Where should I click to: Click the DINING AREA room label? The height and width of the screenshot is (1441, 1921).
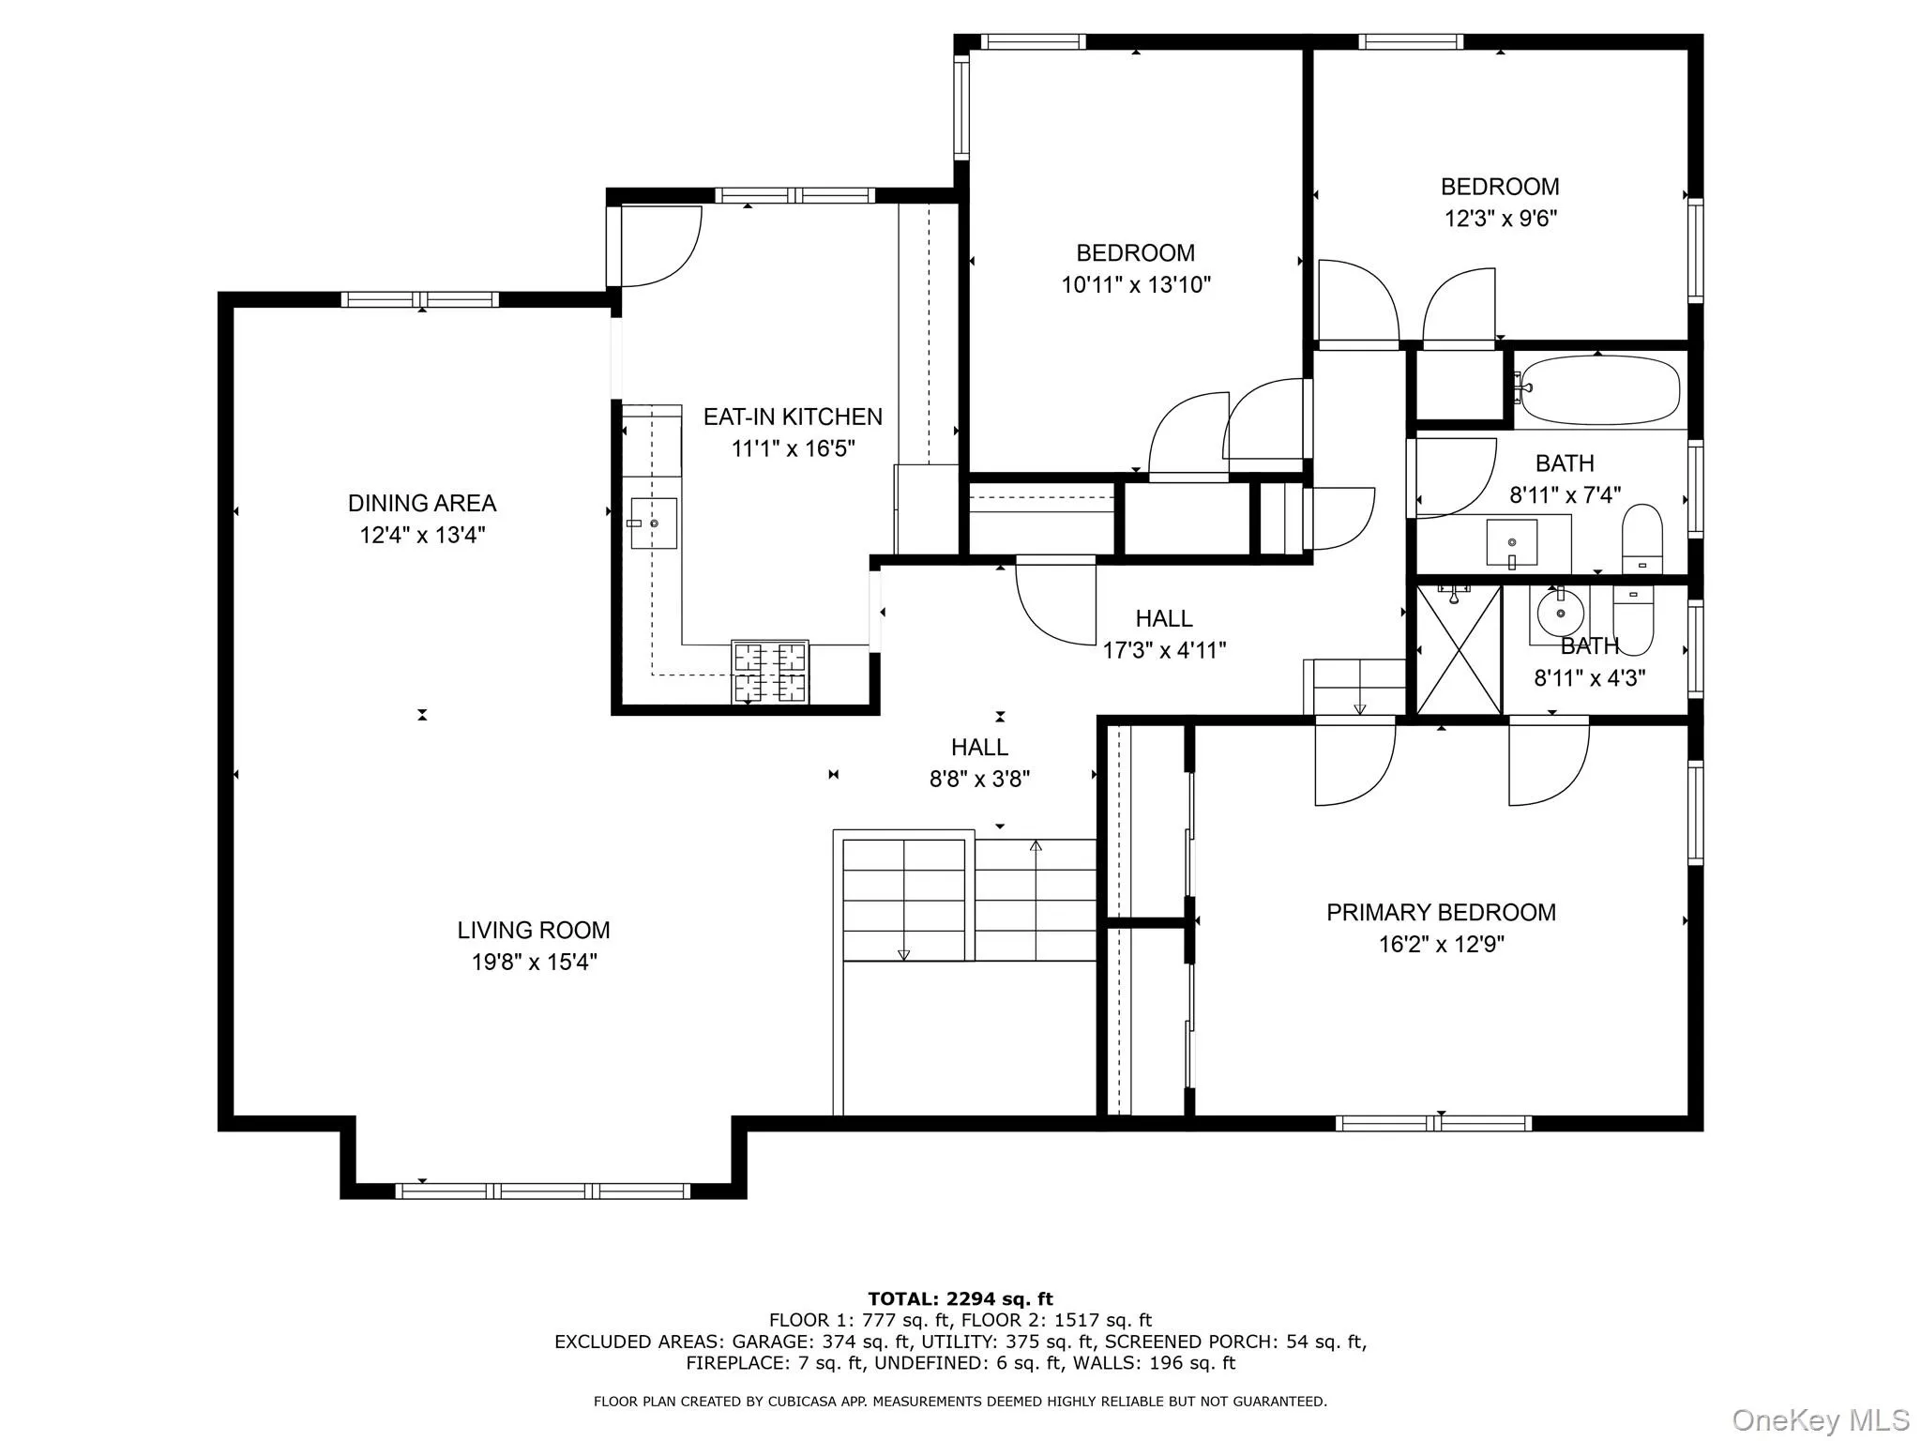coord(421,504)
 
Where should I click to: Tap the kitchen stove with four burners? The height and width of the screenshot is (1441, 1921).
coord(770,672)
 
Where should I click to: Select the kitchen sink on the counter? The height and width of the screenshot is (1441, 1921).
coord(654,523)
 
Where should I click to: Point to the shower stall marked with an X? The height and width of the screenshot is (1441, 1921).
coord(1459,650)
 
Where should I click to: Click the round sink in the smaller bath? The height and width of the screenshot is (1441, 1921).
coord(1561,614)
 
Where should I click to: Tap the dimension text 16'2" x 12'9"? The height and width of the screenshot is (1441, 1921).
coord(1441,944)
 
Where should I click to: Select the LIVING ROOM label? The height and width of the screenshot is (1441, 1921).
coord(534,931)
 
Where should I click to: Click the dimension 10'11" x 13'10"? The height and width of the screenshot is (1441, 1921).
coord(1136,285)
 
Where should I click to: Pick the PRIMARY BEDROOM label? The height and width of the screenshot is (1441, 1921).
coord(1441,913)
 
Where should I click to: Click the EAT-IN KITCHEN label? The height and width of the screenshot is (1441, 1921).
coord(793,417)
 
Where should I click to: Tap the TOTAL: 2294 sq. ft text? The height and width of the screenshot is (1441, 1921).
coord(960,1299)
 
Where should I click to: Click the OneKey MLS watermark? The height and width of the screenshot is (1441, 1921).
coord(1820,1420)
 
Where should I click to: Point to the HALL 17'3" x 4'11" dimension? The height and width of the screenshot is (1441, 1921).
coord(1164,650)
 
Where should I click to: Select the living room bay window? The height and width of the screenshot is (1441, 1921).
coord(542,1191)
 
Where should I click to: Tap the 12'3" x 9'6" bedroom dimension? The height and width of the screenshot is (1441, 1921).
coord(1501,219)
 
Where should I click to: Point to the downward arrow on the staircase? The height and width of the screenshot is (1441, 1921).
coord(903,954)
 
